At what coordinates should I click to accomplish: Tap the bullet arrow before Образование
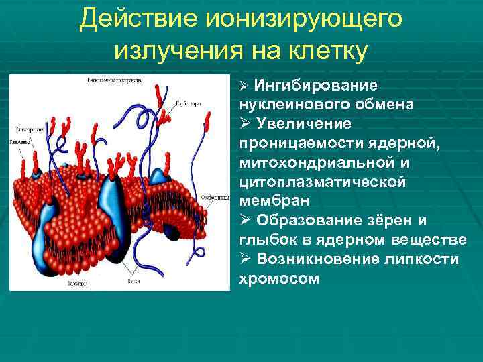245,221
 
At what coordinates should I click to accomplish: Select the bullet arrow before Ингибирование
245,86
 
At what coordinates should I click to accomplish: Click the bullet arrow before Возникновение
245,259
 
